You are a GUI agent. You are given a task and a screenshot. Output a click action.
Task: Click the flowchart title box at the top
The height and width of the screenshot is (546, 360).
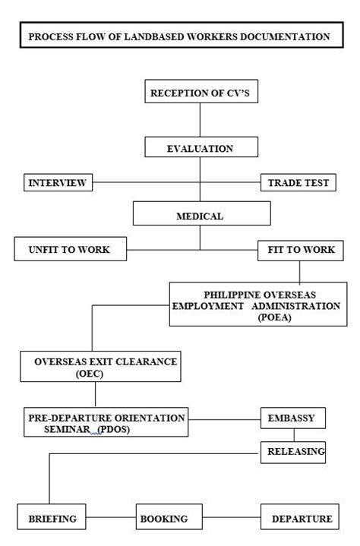[179, 36]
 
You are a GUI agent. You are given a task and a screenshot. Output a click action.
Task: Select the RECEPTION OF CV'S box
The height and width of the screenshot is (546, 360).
[200, 93]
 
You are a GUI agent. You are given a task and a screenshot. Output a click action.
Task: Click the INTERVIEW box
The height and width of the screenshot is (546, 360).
[57, 183]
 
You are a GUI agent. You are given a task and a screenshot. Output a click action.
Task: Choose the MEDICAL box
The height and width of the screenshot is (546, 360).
[200, 216]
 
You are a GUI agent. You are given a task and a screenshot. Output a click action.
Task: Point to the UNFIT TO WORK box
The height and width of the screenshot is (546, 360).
[71, 249]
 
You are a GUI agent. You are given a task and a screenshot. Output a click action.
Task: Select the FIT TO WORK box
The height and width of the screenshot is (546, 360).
[301, 249]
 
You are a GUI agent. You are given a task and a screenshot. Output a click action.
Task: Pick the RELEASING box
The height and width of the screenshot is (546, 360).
[295, 452]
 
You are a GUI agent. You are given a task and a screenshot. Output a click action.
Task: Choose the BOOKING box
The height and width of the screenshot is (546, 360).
[163, 519]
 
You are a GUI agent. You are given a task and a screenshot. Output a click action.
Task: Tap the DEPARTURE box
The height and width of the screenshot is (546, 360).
[302, 519]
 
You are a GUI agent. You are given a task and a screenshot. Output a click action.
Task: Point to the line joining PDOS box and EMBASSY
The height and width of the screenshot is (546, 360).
[224, 418]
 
